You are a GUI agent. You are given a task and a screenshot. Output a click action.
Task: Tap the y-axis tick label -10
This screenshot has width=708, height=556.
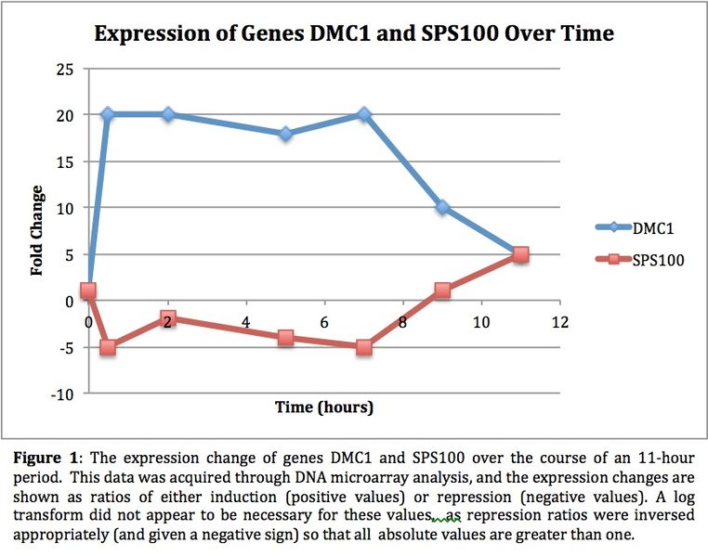tap(62, 394)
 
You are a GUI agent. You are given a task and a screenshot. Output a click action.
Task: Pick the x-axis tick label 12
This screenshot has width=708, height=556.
tap(559, 322)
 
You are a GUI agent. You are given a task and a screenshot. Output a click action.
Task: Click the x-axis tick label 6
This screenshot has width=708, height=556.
tap(324, 322)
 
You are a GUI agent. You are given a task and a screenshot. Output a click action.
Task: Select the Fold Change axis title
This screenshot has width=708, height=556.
tap(37, 230)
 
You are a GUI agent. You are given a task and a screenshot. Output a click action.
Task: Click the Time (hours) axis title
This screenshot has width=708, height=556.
tap(324, 407)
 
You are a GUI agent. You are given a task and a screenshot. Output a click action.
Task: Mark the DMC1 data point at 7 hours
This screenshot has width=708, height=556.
tap(363, 115)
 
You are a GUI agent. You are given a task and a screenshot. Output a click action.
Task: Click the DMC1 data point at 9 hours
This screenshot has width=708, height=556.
tap(442, 207)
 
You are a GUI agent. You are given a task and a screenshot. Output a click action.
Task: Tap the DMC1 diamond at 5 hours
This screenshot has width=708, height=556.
tap(285, 134)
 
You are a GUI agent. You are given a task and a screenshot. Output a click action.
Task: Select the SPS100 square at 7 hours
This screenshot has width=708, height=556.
tap(363, 347)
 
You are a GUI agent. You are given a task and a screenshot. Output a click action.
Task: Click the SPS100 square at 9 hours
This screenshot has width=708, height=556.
tap(442, 291)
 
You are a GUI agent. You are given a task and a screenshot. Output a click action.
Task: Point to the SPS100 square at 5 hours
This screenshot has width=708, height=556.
tap(285, 338)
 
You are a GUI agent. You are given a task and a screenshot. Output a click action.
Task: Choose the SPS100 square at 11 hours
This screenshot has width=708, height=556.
tap(520, 254)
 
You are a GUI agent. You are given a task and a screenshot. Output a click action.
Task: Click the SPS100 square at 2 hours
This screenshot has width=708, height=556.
tap(167, 318)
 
